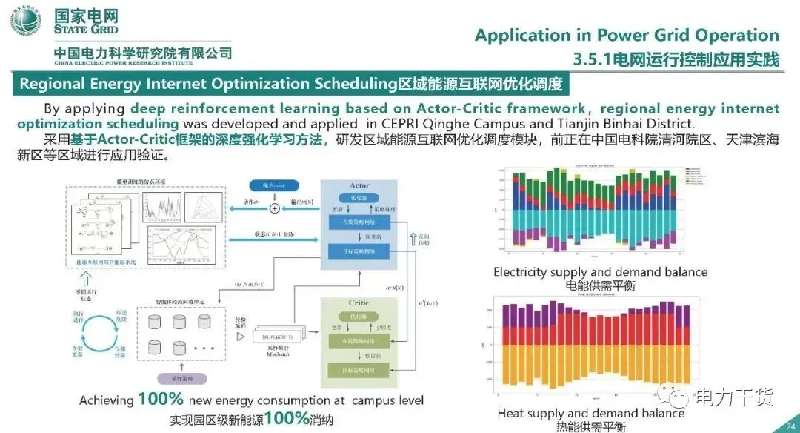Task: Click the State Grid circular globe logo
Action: pos(26,23)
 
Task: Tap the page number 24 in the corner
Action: pos(789,425)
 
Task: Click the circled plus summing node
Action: pos(275,208)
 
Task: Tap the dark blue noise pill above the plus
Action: pos(274,183)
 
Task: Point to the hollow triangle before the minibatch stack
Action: pos(239,337)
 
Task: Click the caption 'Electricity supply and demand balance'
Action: pos(600,272)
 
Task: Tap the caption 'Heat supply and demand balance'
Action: pos(590,413)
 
